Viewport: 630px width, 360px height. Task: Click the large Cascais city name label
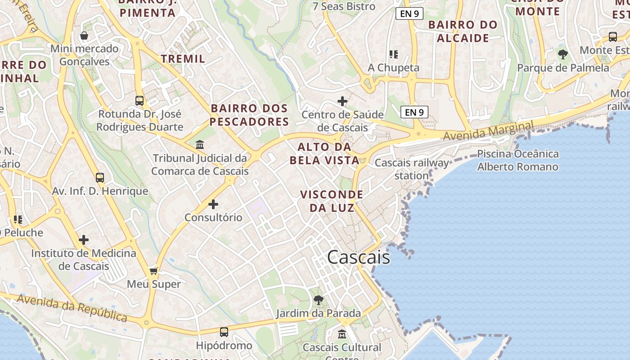[x=358, y=257]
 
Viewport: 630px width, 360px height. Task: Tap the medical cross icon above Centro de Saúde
[x=342, y=101]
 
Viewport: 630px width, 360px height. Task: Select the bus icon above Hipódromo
[x=224, y=332]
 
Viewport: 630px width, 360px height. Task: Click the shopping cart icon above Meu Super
[x=153, y=271]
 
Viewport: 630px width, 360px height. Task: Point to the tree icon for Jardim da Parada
[x=319, y=300]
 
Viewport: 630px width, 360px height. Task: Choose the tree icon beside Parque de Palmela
[x=562, y=54]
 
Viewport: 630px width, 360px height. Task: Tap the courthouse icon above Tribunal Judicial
[x=200, y=145]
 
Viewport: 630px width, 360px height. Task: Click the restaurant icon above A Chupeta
[x=394, y=54]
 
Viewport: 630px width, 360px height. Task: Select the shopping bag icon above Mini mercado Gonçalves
[x=84, y=35]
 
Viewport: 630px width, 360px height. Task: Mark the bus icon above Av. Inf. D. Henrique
[x=100, y=178]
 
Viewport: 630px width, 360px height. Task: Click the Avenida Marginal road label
[x=488, y=130]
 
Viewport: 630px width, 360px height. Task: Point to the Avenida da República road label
[x=72, y=308]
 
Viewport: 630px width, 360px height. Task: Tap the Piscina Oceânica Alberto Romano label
[x=517, y=160]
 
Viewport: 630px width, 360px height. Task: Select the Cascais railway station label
[x=412, y=169]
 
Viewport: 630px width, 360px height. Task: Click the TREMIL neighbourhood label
[x=183, y=58]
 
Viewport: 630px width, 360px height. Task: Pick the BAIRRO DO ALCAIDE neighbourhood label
[x=463, y=31]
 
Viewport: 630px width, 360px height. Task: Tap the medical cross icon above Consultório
[x=213, y=204]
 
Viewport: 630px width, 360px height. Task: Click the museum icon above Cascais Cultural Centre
[x=342, y=334]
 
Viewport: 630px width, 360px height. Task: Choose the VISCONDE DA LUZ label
[x=332, y=201]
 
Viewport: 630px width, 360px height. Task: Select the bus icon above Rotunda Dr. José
[x=139, y=101]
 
